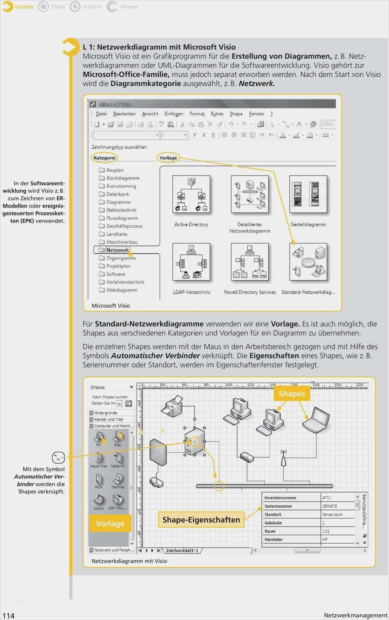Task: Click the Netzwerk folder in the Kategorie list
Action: pos(117,250)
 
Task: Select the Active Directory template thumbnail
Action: pos(191,195)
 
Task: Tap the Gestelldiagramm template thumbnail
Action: pos(308,195)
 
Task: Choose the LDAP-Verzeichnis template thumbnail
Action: pos(191,262)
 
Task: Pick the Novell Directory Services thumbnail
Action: pos(250,262)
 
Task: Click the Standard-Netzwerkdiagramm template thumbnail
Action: pos(308,262)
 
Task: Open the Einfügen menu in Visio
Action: pos(174,114)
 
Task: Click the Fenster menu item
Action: pos(256,114)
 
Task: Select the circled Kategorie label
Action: pos(105,158)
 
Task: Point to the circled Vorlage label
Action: pos(168,158)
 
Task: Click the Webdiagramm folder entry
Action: pos(122,290)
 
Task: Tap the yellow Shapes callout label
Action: pos(292,394)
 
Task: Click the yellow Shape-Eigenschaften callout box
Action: pos(201,520)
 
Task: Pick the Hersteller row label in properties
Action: pos(274,540)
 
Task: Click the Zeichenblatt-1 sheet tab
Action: pos(182,550)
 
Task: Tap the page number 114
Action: pos(9,616)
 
